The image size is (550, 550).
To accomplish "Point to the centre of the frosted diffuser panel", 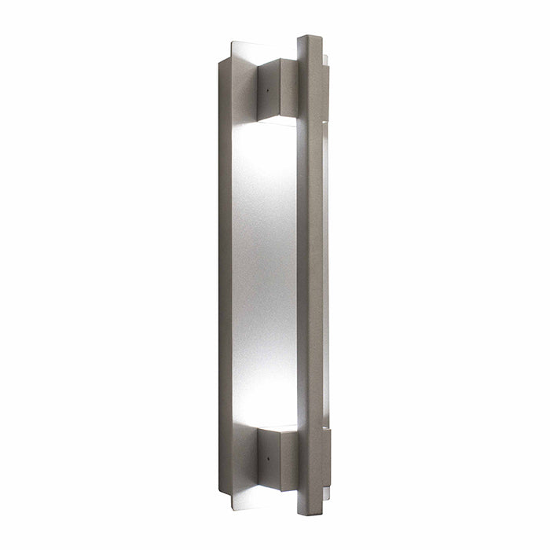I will tap(264, 275).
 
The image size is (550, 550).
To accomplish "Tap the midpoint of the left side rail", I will tap(225, 275).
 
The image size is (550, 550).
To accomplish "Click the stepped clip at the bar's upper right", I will tap(324, 61).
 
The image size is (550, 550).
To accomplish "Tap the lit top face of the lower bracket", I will tap(277, 429).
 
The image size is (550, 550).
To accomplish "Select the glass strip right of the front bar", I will tap(324, 275).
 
